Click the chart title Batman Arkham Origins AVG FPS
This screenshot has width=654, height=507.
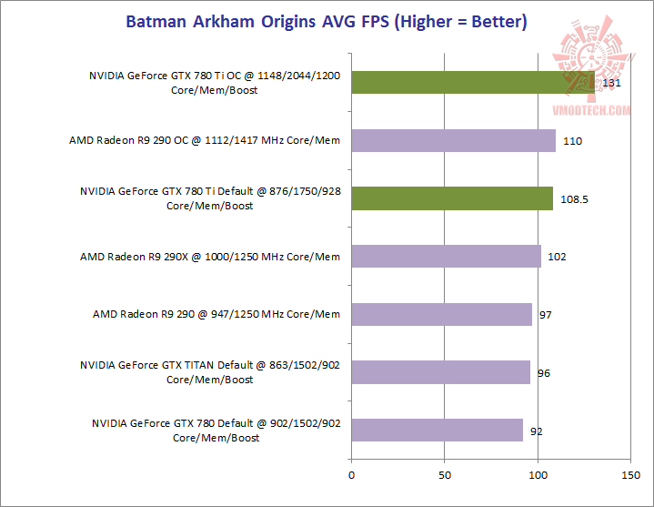[326, 21]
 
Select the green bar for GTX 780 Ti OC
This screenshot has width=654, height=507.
[472, 83]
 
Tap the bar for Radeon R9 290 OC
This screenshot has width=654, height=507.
[453, 141]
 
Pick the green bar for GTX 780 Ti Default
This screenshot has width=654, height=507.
[452, 198]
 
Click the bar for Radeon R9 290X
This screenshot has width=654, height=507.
[446, 257]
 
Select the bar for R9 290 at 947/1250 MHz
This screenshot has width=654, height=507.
[441, 314]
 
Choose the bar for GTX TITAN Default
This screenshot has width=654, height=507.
[440, 372]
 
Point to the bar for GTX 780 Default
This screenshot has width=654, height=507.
[437, 430]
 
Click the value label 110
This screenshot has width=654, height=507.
[572, 141]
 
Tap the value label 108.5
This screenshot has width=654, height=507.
[575, 199]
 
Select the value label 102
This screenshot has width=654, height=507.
[557, 257]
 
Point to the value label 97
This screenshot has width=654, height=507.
[545, 315]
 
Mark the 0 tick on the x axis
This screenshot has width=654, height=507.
[351, 474]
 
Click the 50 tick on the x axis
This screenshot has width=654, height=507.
[445, 474]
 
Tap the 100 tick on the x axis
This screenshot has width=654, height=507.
[538, 474]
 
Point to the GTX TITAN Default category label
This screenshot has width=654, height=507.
[210, 372]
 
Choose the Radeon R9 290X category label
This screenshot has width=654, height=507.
[210, 257]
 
